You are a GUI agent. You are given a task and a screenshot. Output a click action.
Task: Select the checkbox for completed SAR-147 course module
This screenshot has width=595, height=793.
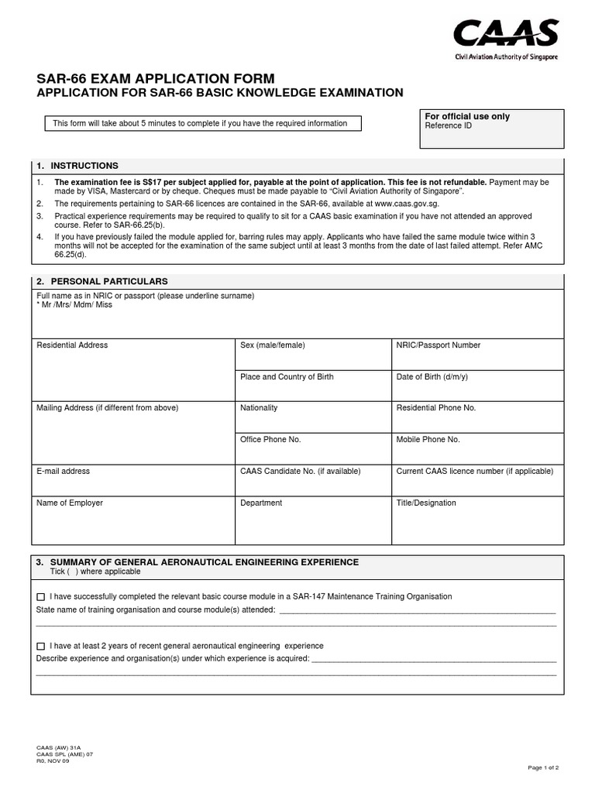point(41,597)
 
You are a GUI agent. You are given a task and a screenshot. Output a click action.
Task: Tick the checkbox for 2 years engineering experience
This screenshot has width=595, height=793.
point(41,646)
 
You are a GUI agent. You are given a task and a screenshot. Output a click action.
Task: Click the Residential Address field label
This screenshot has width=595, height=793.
point(72,345)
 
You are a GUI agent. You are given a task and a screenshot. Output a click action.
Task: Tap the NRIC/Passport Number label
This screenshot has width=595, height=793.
point(439,345)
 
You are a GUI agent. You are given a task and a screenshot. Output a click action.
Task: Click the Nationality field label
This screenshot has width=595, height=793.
point(259,408)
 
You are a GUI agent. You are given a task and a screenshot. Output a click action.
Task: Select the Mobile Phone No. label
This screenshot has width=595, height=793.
point(428,440)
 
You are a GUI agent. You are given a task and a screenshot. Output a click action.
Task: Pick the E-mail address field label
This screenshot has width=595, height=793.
point(64,471)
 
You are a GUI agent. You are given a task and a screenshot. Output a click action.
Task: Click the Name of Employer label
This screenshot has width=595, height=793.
point(70,503)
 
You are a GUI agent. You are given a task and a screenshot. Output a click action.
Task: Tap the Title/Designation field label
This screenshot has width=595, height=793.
point(426,503)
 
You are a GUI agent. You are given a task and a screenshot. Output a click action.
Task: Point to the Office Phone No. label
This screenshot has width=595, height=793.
point(270,440)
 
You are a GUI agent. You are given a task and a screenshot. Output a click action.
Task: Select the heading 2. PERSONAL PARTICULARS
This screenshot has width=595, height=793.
point(101,281)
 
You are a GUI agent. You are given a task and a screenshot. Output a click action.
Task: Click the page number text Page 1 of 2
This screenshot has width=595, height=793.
point(543,767)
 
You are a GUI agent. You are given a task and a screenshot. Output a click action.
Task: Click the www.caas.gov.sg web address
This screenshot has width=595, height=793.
point(421,203)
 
